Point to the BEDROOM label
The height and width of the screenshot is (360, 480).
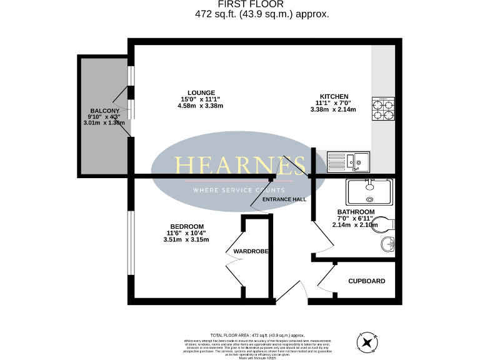point(186,226)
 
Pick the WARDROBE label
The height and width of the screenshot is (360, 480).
point(251,251)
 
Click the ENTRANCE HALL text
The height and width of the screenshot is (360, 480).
point(284,199)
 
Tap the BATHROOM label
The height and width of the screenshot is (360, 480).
point(355,212)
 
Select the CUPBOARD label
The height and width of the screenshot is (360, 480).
point(366,281)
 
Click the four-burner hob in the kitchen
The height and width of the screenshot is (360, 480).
point(384,109)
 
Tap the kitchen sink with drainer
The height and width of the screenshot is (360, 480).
point(349,162)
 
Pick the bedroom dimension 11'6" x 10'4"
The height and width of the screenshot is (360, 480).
point(186,233)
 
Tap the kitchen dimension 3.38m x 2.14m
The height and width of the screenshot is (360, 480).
point(332,109)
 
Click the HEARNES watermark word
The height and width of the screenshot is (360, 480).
point(240,166)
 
